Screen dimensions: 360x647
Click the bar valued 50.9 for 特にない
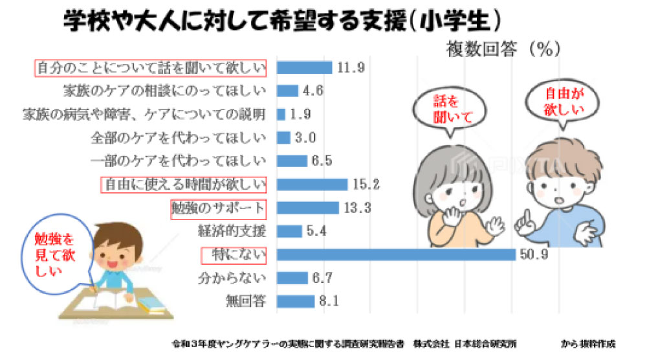click(396, 254)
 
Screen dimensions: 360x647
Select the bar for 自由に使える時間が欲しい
click(312, 185)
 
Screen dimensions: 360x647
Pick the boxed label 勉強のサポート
click(218, 208)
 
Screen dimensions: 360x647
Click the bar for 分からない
click(292, 278)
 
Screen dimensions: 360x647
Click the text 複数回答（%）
click(502, 49)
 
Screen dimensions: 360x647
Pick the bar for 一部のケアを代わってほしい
click(292, 161)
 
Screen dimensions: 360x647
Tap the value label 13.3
click(358, 208)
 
